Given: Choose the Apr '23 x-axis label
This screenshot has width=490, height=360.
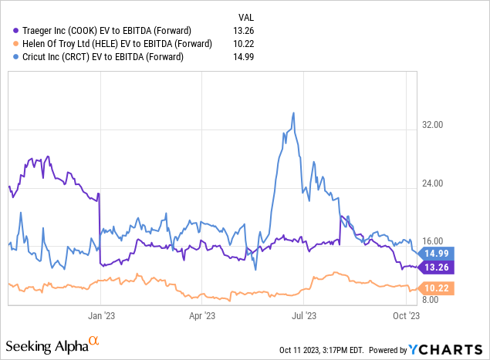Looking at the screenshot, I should (201, 315).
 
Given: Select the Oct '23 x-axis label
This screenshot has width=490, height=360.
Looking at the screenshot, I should (406, 315).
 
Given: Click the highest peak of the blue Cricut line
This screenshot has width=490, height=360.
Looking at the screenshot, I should (293, 113).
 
